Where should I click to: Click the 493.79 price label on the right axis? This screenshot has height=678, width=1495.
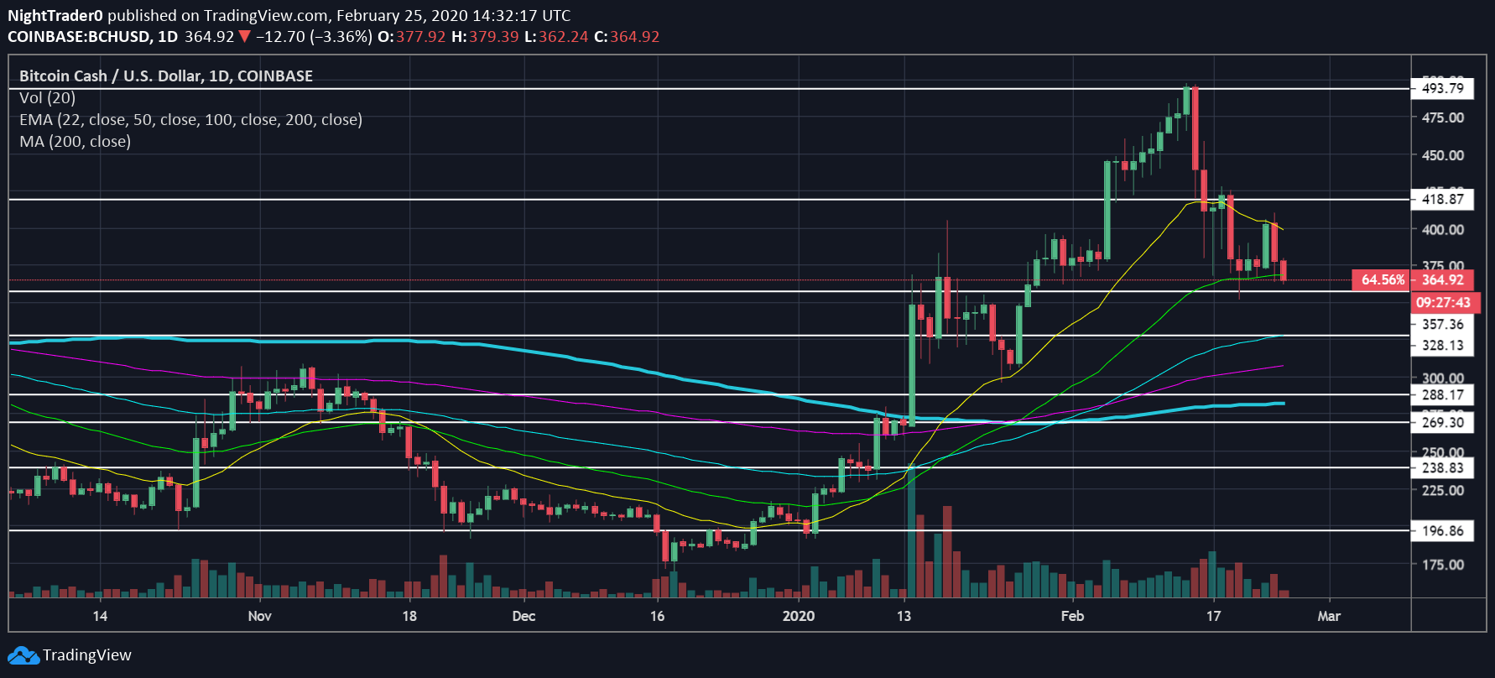(1442, 88)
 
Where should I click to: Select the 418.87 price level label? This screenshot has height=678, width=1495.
(1442, 199)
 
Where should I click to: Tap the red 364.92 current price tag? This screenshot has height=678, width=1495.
(1442, 280)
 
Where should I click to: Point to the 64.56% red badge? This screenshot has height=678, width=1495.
(1382, 280)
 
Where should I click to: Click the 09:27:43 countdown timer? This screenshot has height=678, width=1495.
(1442, 302)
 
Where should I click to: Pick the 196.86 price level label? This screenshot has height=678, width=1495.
(1442, 530)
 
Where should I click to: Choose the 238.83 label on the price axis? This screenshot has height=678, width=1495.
(1442, 468)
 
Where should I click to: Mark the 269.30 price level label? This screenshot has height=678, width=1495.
(1442, 423)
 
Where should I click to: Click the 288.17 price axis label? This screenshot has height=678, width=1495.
(1442, 394)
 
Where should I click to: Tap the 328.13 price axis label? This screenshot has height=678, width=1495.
(1442, 345)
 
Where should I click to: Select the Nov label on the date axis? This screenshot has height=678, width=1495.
(260, 616)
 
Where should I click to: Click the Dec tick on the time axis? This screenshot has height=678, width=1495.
(524, 616)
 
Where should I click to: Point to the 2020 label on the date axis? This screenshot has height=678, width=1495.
(798, 616)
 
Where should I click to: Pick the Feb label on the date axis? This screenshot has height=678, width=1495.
(1072, 616)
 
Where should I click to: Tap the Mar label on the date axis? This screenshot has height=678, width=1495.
(1329, 616)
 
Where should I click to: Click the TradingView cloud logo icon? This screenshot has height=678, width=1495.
(23, 655)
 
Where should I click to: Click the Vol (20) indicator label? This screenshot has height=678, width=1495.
(47, 97)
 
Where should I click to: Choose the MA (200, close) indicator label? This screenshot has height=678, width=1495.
(75, 141)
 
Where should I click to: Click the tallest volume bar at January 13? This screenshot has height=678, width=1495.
(911, 537)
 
